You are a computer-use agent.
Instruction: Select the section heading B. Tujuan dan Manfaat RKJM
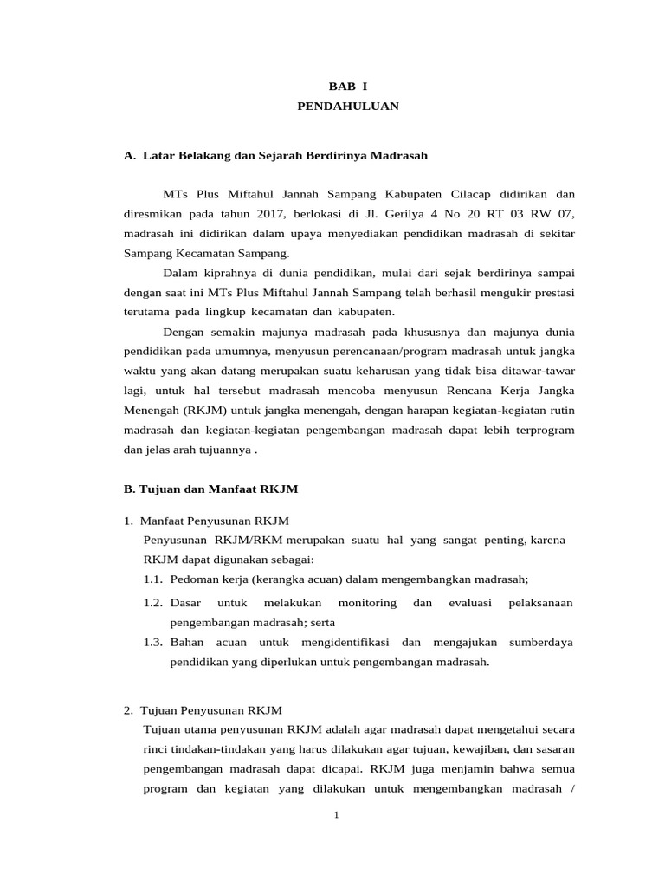point(211,489)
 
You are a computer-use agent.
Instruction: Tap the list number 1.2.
point(154,602)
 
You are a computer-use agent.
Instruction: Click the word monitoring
point(367,602)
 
